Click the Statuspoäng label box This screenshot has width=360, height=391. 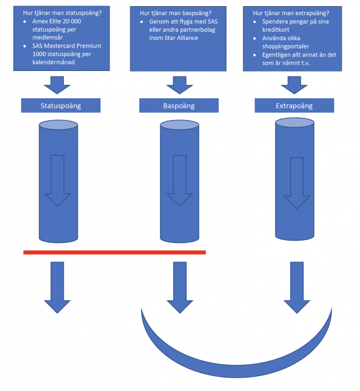coord(60,106)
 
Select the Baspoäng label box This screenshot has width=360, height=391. coord(178,106)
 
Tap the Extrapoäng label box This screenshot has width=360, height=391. coord(294,106)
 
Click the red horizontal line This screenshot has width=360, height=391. coord(115,252)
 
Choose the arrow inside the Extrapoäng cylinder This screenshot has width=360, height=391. coord(296,184)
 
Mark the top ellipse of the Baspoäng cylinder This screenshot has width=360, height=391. coord(179,124)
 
